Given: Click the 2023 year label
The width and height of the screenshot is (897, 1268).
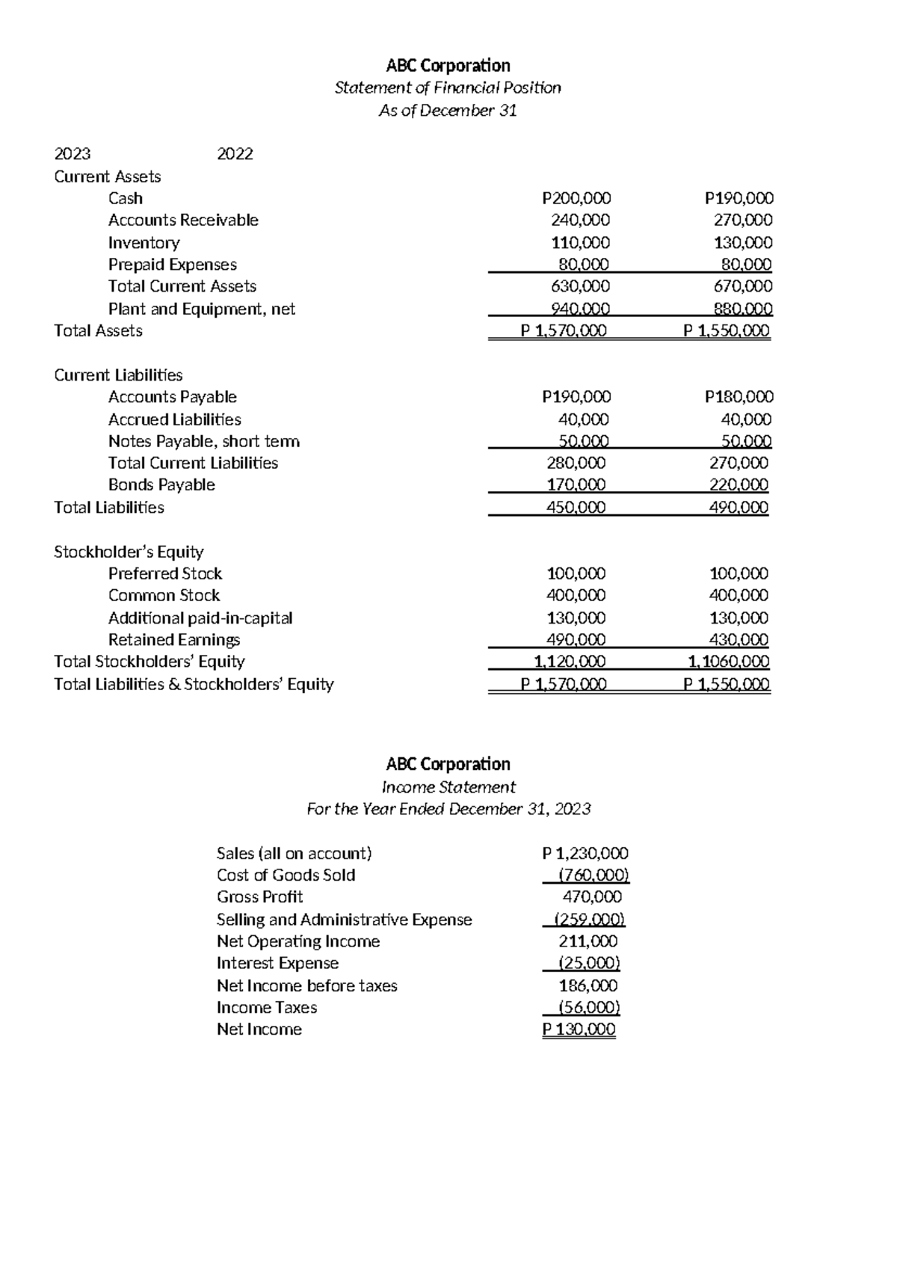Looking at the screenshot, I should click(x=73, y=154).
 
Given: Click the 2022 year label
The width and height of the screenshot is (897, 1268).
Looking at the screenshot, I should click(x=235, y=154).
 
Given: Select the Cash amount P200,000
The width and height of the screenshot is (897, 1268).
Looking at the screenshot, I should click(x=576, y=198).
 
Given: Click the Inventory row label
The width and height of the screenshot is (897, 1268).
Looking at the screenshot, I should click(x=144, y=242).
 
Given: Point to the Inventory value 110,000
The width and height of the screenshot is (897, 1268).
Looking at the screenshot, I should click(x=580, y=242).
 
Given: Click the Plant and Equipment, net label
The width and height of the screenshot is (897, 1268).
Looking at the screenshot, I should click(x=201, y=309).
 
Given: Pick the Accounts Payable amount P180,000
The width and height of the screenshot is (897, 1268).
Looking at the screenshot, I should click(x=739, y=397).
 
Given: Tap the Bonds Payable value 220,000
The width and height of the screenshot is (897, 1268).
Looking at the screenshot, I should click(x=739, y=484).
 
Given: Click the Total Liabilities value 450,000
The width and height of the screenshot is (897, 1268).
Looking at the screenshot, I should click(x=576, y=508).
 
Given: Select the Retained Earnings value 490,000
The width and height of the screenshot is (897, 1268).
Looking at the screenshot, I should click(x=576, y=640).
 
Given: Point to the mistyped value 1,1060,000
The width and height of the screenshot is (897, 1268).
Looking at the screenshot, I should click(x=728, y=662).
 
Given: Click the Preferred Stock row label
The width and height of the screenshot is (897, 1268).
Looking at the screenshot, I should click(x=164, y=573).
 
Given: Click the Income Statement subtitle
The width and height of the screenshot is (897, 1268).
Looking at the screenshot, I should click(x=449, y=787).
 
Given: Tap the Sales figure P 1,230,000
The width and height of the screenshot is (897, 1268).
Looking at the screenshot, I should click(x=585, y=853).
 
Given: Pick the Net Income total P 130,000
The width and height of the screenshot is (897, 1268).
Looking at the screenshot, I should click(x=579, y=1030).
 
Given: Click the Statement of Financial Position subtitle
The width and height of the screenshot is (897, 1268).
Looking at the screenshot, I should click(x=448, y=88).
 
